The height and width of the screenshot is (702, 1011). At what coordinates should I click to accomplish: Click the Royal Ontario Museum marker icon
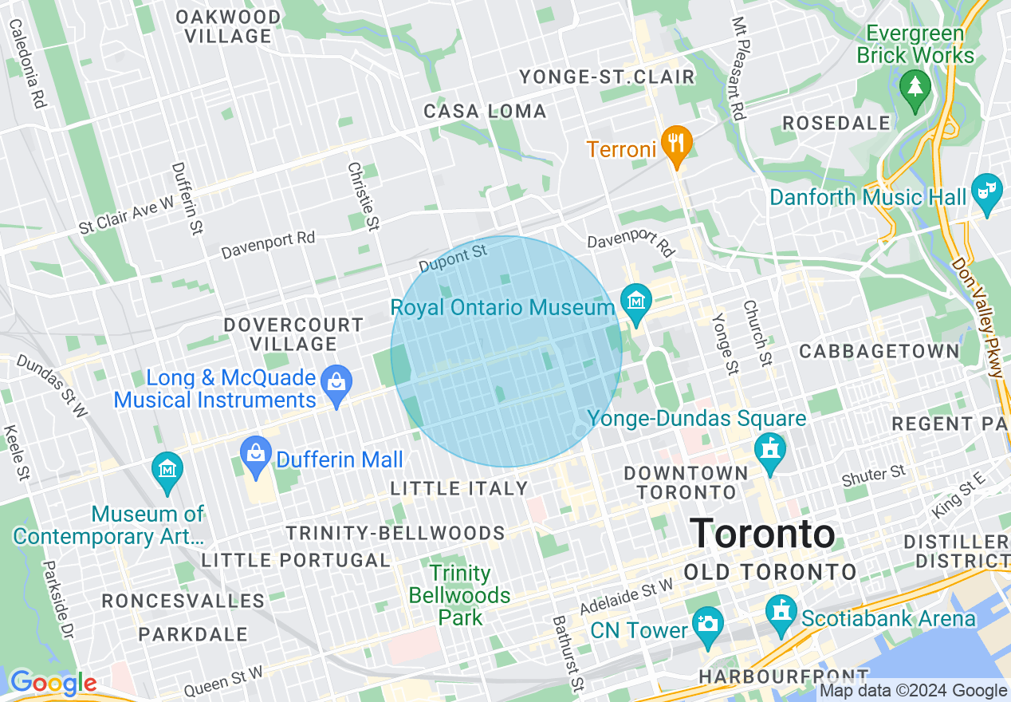636,303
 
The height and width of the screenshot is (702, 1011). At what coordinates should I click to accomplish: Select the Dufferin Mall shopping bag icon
255,457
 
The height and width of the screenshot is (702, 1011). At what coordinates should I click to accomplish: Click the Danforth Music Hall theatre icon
987,193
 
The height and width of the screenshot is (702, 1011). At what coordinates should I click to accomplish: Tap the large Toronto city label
762,534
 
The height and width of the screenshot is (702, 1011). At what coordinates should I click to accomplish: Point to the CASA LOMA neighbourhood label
485,112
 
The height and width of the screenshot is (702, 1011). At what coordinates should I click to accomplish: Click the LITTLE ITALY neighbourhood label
458,488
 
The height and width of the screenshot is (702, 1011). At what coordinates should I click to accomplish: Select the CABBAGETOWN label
879,352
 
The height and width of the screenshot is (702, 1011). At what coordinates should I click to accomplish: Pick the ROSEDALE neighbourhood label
836,124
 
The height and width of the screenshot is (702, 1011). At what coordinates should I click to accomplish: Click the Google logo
53,683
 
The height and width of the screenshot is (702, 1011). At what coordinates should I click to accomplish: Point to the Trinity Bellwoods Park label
460,595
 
